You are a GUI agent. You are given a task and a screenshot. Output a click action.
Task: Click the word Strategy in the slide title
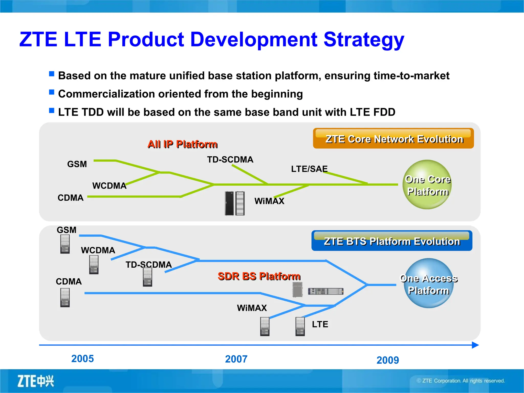(364, 40)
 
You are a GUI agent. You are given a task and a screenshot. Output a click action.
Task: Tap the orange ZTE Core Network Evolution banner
(393, 138)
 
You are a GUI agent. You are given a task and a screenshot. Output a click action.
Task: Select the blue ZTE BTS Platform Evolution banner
(392, 241)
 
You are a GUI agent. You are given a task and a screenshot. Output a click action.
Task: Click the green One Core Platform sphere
(428, 185)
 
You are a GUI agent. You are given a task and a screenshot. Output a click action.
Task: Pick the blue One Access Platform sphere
(429, 283)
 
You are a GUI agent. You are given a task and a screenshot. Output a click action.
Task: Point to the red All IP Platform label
(182, 144)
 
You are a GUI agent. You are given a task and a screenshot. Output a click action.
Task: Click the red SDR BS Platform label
(259, 276)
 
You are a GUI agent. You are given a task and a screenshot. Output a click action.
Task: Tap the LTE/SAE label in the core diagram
(309, 169)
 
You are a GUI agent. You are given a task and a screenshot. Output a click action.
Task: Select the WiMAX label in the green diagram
(269, 201)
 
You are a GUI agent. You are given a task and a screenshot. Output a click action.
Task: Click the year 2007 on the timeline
(236, 359)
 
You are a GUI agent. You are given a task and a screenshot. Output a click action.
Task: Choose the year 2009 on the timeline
(388, 360)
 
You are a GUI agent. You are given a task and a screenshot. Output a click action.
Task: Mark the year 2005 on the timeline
(82, 359)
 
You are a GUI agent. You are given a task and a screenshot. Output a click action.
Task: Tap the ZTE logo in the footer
(36, 381)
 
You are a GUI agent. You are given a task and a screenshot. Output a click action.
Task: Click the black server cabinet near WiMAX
(230, 203)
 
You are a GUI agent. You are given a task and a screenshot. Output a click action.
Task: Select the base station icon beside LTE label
(300, 326)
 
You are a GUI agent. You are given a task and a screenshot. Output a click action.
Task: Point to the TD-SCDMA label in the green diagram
(230, 160)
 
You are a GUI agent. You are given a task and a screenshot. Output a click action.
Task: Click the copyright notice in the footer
(461, 381)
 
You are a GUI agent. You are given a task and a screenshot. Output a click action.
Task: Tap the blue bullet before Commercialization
(52, 92)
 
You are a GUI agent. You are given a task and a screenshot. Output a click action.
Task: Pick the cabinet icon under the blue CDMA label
(65, 298)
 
